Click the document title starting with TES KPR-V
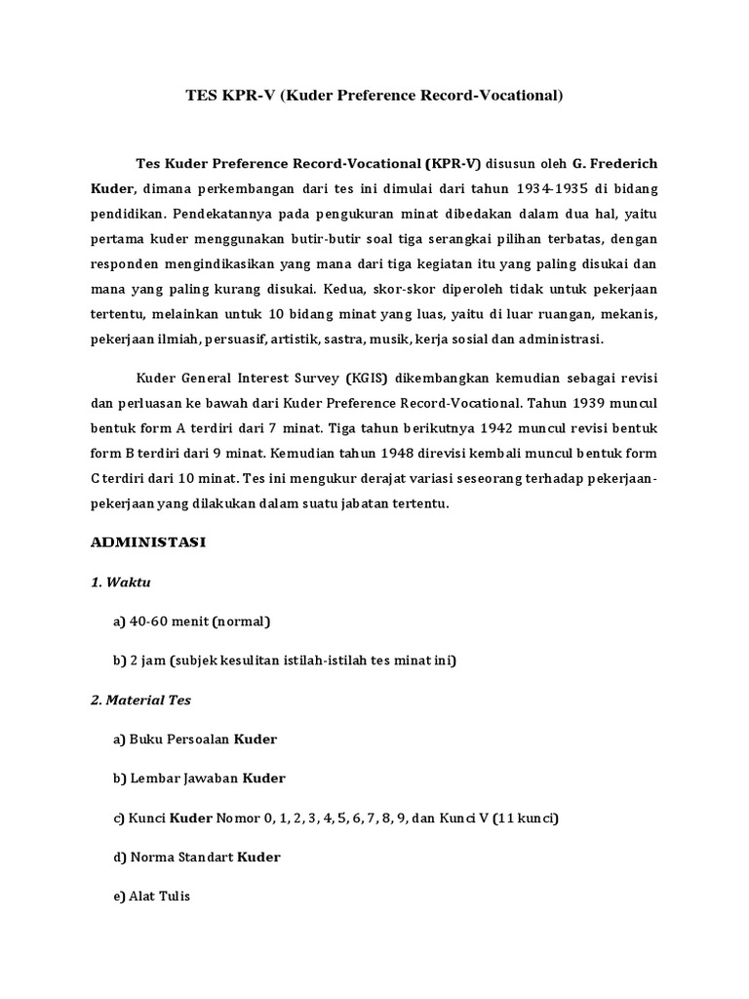(x=374, y=96)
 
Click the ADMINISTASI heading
(x=147, y=542)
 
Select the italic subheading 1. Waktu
(x=121, y=582)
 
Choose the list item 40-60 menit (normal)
(x=192, y=621)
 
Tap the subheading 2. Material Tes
(x=141, y=699)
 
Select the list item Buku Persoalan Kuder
(x=195, y=739)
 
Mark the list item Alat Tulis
(x=152, y=897)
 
